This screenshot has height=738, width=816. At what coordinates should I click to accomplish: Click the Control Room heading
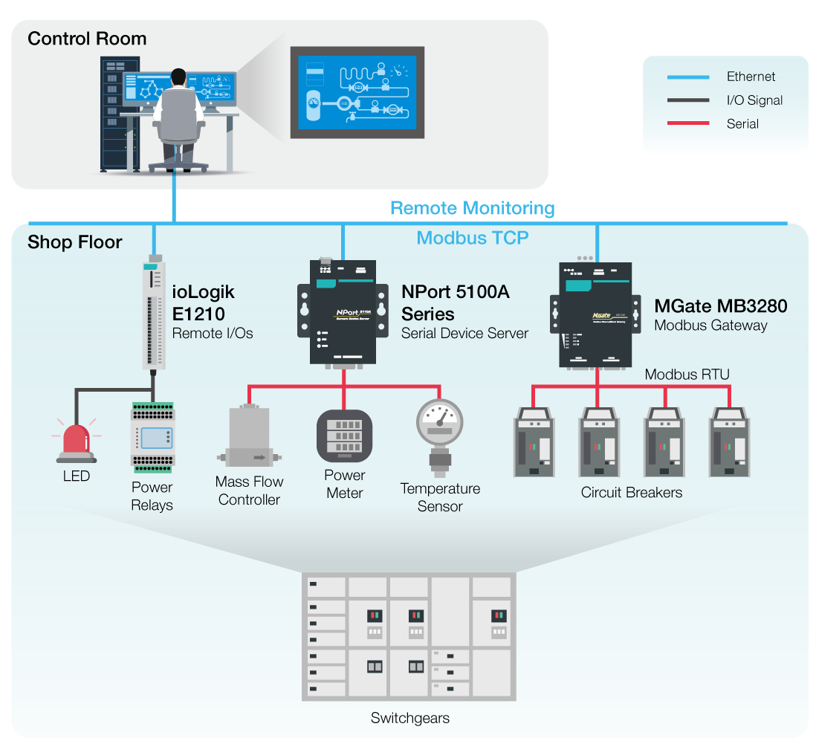coord(87,39)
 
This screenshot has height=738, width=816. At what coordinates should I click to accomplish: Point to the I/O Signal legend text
coord(754,100)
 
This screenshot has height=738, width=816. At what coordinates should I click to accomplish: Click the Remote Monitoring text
coord(472,208)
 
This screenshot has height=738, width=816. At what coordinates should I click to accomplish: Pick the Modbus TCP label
coord(473,238)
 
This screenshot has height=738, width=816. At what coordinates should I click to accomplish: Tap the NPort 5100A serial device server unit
coord(343,312)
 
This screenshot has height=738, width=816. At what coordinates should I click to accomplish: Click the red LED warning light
coord(76,440)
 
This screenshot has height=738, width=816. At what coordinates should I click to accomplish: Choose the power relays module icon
coord(152,438)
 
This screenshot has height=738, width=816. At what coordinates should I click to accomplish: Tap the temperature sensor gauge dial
coord(440,422)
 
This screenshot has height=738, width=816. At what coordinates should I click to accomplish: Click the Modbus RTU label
coord(687,374)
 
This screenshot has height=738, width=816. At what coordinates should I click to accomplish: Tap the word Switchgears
coord(409,718)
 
